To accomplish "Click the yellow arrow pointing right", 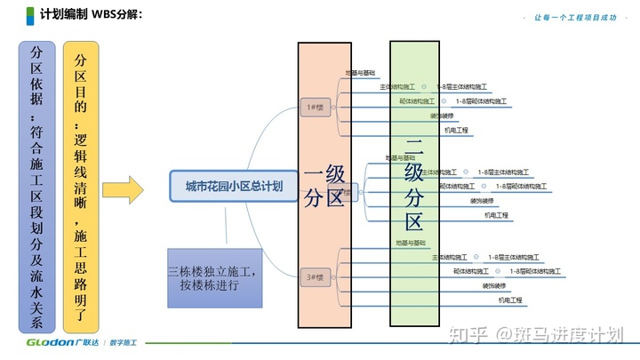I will point(123,189).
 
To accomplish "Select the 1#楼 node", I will point(315,108).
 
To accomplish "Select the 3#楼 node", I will point(315,277).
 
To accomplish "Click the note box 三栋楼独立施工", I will point(217,277).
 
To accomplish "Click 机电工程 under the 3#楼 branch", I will point(510,300).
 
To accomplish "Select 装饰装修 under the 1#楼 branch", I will point(441,116).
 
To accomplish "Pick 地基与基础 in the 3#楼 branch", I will point(410,242).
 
